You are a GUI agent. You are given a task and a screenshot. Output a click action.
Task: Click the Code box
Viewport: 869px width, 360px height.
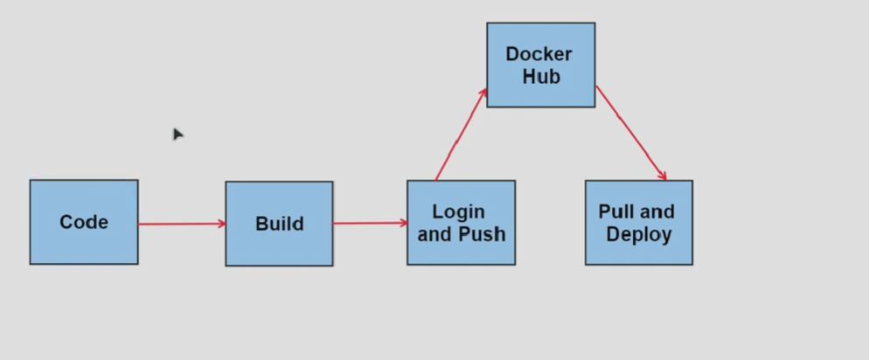point(84,222)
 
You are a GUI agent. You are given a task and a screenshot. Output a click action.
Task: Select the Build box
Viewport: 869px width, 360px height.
point(279,224)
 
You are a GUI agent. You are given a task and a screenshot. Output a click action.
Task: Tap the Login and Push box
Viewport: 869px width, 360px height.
point(461,222)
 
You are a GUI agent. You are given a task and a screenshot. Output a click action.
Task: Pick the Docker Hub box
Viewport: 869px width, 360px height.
point(540,66)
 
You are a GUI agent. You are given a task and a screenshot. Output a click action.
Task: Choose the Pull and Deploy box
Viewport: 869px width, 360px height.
point(638,222)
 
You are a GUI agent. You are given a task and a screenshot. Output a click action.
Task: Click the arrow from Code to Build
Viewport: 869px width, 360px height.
point(181,224)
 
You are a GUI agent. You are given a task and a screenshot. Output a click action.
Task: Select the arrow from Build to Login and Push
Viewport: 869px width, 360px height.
point(369,223)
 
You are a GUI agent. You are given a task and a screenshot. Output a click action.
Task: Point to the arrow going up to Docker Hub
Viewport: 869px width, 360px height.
point(461,135)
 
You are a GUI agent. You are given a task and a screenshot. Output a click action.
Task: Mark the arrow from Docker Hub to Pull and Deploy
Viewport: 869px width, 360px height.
point(630,133)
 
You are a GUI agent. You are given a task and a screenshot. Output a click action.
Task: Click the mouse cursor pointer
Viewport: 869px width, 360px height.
point(177,134)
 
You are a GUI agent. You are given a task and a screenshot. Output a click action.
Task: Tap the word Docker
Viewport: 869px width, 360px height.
point(539,54)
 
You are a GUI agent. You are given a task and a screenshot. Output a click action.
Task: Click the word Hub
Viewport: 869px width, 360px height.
point(540,77)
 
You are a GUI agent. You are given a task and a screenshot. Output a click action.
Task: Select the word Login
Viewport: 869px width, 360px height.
point(458,211)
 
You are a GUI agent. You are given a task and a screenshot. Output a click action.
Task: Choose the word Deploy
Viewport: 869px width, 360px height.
point(639,234)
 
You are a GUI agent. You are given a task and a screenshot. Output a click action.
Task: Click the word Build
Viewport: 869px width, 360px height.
point(279,224)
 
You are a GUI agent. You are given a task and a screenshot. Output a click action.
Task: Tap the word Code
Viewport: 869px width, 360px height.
point(84,222)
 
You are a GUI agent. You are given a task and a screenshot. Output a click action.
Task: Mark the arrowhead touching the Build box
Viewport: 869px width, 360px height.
point(221,224)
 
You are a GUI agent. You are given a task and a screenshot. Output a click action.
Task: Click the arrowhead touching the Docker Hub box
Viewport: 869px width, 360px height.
point(483,92)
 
